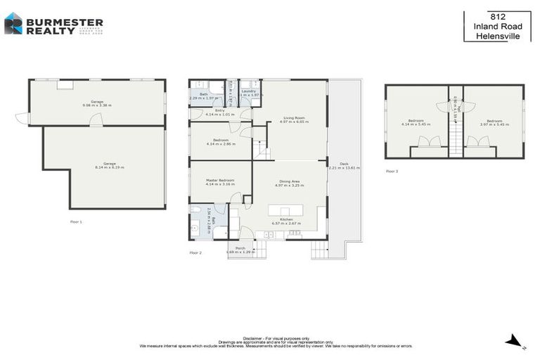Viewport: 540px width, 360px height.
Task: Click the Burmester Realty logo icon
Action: [x=13, y=23]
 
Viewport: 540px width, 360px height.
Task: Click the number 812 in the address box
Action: [x=497, y=16]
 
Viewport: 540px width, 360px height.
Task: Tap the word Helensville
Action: [x=497, y=36]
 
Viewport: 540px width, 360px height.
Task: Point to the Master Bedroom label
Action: [x=220, y=181]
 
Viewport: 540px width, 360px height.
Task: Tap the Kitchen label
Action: [x=286, y=219]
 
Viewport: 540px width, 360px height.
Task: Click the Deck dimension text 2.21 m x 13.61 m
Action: [x=344, y=168]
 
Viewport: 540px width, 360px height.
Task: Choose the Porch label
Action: [x=240, y=247]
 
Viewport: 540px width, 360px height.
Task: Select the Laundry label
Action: [x=248, y=91]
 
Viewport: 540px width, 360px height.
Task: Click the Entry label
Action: [x=219, y=110]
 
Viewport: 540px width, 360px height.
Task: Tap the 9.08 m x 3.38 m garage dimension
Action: [x=97, y=105]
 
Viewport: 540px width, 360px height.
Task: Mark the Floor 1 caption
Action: [x=77, y=221]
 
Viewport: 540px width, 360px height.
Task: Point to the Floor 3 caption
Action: [x=392, y=171]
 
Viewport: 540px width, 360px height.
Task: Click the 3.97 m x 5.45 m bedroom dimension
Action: [x=494, y=124]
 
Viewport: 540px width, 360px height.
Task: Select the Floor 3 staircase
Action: [x=456, y=137]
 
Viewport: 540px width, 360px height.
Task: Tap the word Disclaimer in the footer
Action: [x=252, y=337]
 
